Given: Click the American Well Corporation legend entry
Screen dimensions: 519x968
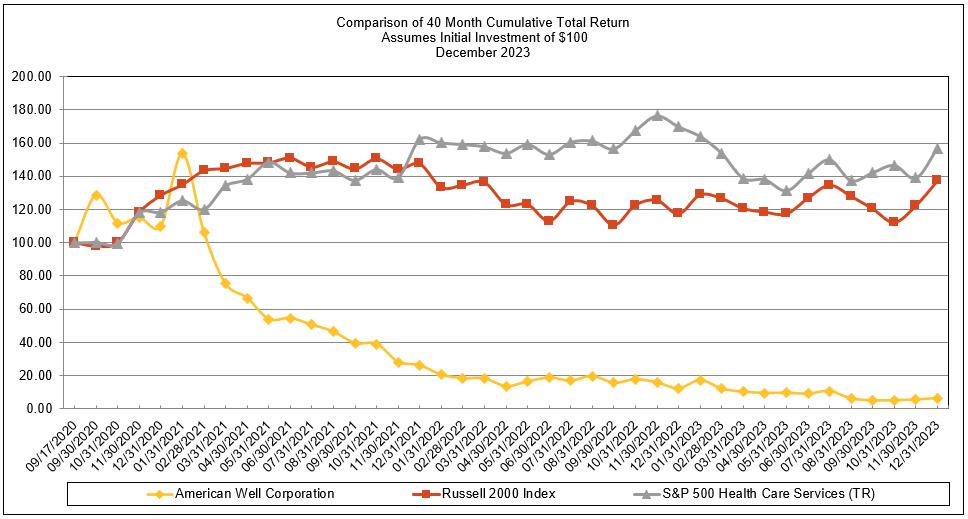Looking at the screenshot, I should click(254, 494).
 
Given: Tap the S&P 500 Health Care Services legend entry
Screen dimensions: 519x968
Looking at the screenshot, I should click(759, 494).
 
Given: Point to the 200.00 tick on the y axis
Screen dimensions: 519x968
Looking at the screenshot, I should click(33, 76).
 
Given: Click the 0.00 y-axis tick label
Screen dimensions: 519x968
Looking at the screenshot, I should click(39, 409).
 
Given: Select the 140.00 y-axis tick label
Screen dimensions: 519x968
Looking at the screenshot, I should click(33, 176).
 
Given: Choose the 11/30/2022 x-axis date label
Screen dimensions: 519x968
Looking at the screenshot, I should click(637, 441).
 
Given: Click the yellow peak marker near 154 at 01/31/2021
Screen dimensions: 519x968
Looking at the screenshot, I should click(182, 154).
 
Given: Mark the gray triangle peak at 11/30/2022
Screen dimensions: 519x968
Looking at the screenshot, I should click(657, 115).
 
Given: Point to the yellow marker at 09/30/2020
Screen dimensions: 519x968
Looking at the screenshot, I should click(96, 196).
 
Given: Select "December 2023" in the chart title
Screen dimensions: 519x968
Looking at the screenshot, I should click(483, 52).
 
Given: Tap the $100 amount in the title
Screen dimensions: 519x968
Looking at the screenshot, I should click(573, 37).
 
